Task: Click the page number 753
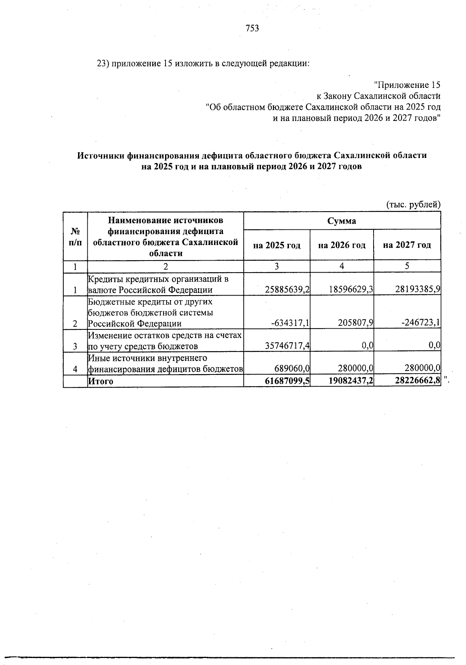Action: point(252,28)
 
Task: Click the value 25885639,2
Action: point(287,290)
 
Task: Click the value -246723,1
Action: point(421,324)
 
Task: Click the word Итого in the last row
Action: point(101,381)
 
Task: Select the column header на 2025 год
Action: point(277,245)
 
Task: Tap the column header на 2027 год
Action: point(407,245)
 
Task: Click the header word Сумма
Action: point(342,221)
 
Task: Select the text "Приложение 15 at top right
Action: point(407,85)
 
